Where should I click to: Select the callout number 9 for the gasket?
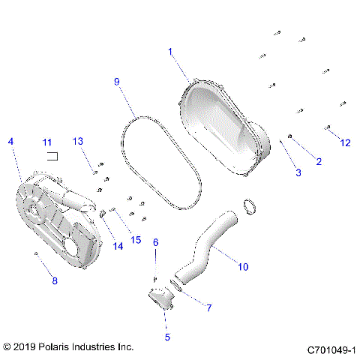[116, 80]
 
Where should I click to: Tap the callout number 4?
[10, 141]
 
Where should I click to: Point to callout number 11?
[46, 142]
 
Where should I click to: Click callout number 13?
[79, 142]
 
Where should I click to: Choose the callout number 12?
[345, 142]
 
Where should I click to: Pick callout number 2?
[318, 161]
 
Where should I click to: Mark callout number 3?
[298, 172]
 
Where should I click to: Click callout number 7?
[208, 307]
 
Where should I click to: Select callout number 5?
[166, 337]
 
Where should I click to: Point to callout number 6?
[156, 241]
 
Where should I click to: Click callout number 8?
[53, 281]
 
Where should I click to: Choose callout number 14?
[118, 246]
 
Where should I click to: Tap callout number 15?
[136, 239]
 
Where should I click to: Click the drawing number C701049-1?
[331, 349]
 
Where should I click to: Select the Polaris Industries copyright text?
[68, 347]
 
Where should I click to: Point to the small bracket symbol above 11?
[53, 155]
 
